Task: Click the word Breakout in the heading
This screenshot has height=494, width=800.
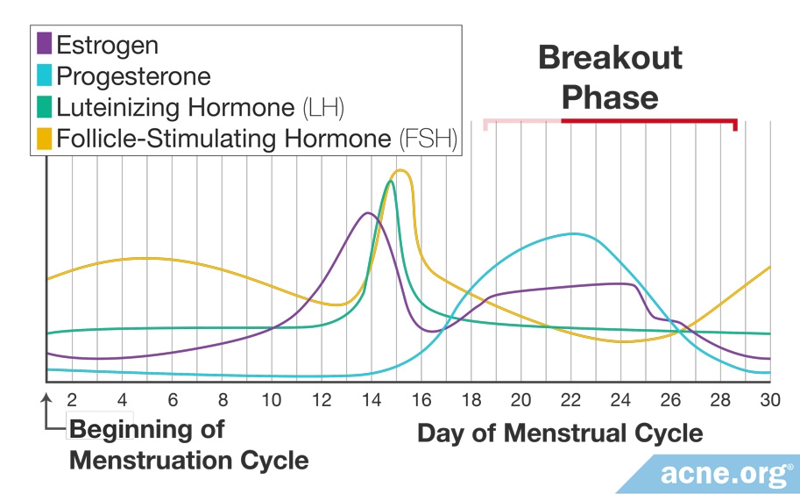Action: [x=610, y=58]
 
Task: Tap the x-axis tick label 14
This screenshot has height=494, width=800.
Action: [x=372, y=400]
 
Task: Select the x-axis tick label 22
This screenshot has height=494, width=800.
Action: [x=570, y=400]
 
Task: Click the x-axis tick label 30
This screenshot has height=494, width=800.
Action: [x=769, y=400]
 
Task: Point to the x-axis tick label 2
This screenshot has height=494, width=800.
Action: [x=73, y=400]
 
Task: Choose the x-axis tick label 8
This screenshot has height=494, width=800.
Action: [x=223, y=400]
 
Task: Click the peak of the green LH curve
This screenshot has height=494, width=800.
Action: [x=391, y=182]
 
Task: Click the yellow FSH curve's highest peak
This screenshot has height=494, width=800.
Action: [x=400, y=170]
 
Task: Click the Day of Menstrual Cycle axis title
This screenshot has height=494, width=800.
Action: [x=559, y=433]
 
